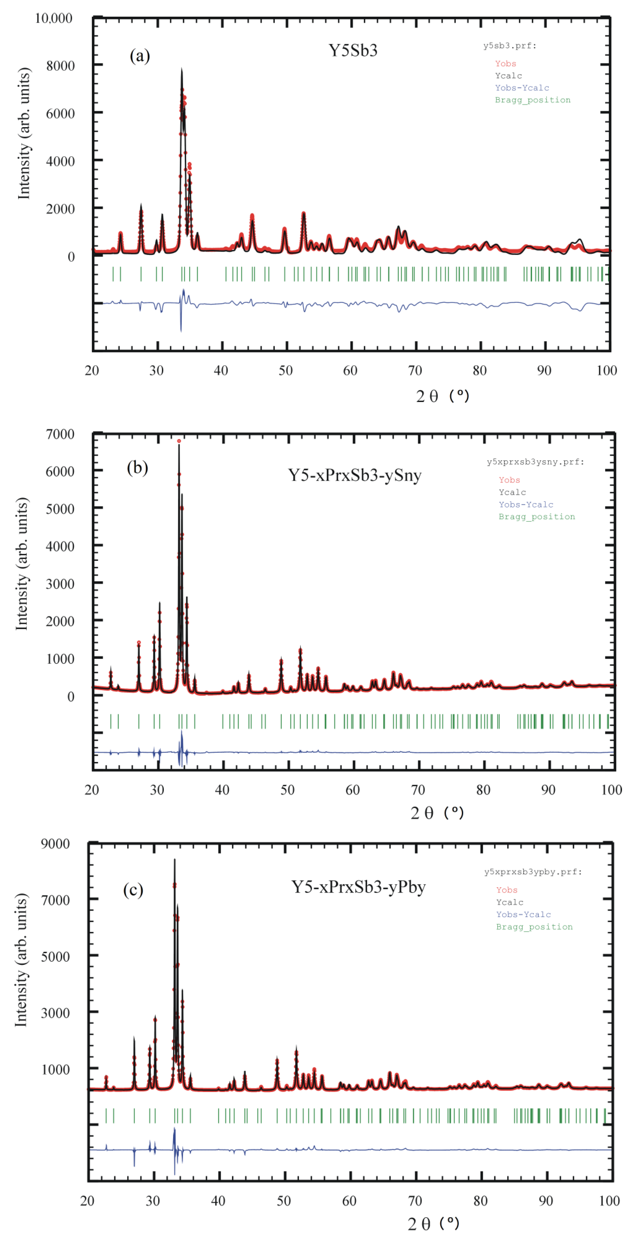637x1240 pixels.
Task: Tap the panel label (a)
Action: (x=140, y=56)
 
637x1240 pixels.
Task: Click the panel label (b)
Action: (x=137, y=468)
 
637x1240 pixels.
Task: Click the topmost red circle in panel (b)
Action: (x=179, y=441)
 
